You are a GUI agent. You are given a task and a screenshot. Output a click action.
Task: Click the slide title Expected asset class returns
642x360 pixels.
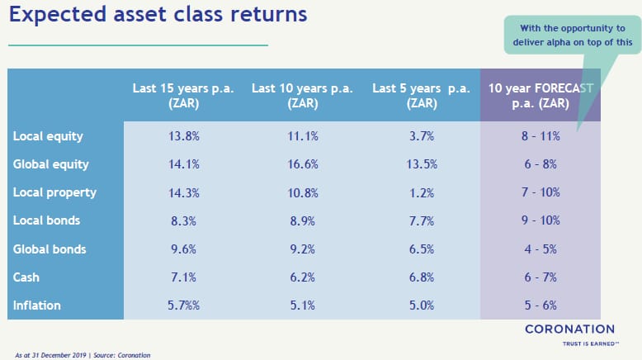coord(158,15)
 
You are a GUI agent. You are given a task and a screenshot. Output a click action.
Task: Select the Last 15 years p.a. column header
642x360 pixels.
coord(183,96)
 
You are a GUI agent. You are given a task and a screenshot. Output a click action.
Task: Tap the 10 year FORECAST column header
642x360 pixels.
coord(541,96)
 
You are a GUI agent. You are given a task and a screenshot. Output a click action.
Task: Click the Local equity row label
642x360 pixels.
coord(48,136)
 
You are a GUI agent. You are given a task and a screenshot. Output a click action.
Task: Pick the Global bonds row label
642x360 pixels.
coord(50,249)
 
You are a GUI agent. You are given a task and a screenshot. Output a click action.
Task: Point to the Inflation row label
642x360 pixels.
coord(37,306)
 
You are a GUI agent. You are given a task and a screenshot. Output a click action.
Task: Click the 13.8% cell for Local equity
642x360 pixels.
coord(184,136)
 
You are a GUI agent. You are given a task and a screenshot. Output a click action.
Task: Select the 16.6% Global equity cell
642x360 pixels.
coord(303,164)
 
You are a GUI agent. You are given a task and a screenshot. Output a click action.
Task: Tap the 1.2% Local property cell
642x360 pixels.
coord(422,192)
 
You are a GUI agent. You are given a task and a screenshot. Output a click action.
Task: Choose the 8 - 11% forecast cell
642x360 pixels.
coord(541,136)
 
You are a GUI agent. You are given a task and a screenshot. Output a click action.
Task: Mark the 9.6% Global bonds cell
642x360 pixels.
coord(183,249)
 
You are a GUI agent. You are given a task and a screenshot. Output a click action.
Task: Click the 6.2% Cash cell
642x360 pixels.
coord(303,277)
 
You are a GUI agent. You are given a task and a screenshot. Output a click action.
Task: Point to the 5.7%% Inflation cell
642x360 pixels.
coord(183,306)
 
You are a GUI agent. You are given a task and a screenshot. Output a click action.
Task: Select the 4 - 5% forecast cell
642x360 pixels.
coord(541,249)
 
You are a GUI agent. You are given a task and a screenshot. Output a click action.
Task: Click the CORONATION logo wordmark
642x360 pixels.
coord(570,329)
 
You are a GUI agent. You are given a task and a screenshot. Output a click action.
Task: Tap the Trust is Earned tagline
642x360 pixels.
coord(590,343)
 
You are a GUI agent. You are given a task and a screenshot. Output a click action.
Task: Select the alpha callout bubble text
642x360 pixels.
coord(573,36)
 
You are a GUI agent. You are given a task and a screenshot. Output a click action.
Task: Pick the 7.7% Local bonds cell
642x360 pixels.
coord(422,220)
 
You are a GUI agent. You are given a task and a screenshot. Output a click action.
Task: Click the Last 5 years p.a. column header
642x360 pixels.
coord(422,96)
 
